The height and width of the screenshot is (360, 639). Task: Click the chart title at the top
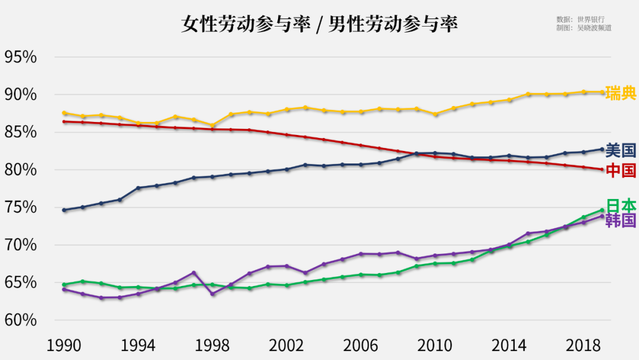(x=319, y=24)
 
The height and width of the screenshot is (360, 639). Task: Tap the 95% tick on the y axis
(x=21, y=57)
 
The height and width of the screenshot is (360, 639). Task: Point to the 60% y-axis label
(x=21, y=320)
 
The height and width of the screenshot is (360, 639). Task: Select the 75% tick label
(x=21, y=208)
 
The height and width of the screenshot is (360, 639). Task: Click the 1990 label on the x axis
(x=64, y=345)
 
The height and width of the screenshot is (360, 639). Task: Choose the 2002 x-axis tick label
(x=287, y=345)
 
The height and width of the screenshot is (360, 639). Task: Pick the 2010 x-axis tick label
(x=435, y=345)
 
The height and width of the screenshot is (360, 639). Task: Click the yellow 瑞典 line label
(x=621, y=92)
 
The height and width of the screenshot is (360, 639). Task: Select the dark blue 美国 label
(x=621, y=149)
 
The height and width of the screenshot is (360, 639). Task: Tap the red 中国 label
(x=621, y=171)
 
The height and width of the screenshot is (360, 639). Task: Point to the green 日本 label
(x=621, y=205)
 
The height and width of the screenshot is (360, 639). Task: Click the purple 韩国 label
(x=621, y=220)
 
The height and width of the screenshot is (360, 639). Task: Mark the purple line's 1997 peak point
(x=194, y=272)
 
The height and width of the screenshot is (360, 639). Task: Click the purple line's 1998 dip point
(x=212, y=294)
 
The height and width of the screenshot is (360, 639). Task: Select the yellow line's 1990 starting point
(x=64, y=113)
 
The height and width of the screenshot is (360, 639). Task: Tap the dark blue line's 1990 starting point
(x=64, y=210)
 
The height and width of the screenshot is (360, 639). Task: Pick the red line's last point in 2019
(x=602, y=169)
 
